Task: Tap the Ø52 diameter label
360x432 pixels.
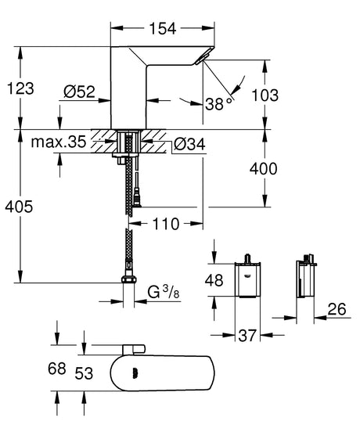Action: [x=81, y=91]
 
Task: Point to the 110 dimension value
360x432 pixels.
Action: [x=164, y=224]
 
